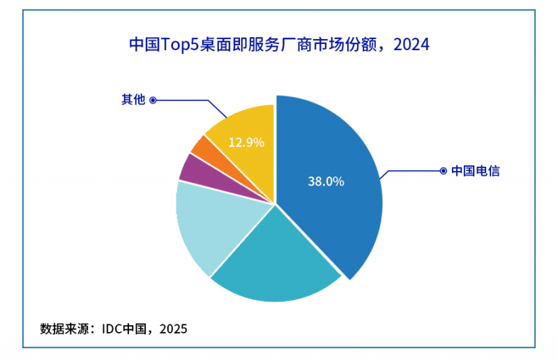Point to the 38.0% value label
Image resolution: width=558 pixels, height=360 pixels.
coord(326,181)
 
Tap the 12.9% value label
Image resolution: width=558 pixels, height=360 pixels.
coord(246,142)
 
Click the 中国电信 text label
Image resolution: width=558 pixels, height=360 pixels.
coord(475,170)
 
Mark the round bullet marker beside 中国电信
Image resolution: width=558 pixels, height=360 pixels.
coord(442,170)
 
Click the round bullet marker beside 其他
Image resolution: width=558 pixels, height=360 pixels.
coord(153,100)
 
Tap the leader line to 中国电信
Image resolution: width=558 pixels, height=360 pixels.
coord(412,170)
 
